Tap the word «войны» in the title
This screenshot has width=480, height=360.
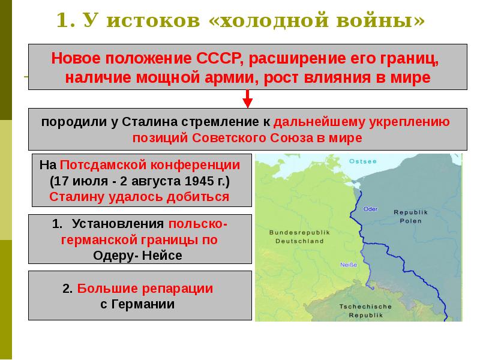382,21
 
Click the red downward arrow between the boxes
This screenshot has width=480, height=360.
247,99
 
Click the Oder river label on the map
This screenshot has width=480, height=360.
370,209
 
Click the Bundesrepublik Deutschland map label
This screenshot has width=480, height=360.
296,236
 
